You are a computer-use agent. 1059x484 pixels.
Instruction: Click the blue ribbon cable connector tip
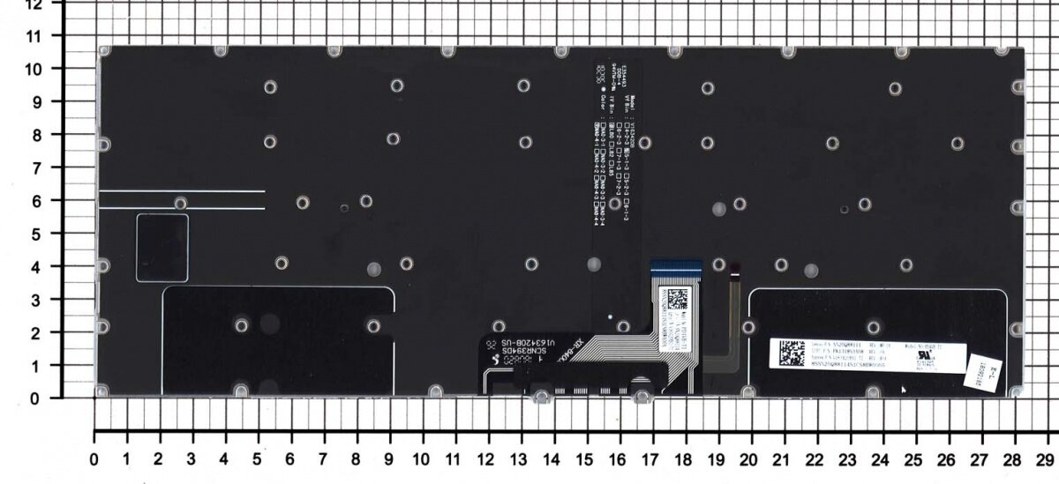click(673, 264)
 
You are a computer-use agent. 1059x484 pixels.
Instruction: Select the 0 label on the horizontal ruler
click(94, 460)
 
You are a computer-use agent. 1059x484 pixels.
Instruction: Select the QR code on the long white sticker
click(791, 354)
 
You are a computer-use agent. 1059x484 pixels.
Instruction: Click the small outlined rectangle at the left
click(162, 247)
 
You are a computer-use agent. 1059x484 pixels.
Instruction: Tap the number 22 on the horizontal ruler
click(813, 460)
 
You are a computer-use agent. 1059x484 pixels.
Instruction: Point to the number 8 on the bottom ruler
click(355, 460)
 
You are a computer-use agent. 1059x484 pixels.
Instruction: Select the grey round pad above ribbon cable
click(594, 264)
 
